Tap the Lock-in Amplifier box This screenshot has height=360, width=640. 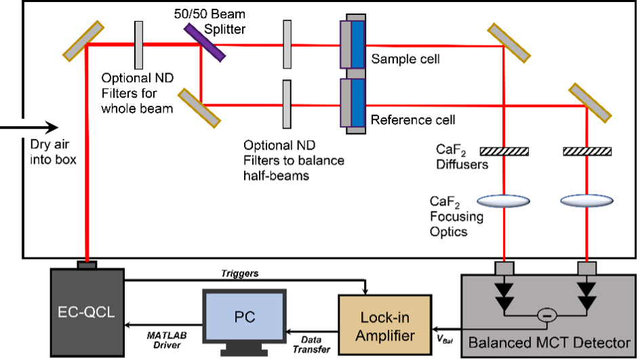pos(384,323)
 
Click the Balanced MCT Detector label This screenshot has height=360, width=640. pos(549,342)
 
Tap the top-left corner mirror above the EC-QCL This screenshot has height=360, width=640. pos(85,39)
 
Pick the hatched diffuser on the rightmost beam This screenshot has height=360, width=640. pos(587,151)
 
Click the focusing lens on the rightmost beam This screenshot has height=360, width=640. pos(587,201)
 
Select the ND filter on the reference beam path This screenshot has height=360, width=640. pos(287,104)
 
